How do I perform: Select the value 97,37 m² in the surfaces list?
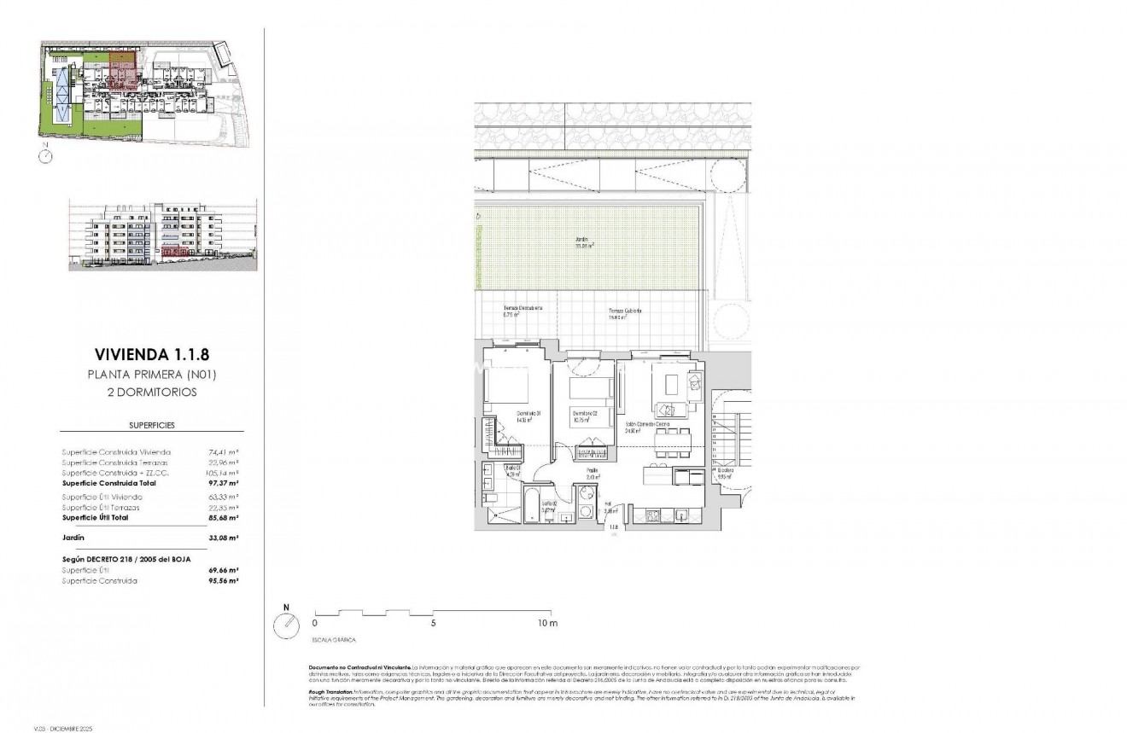[x=224, y=483]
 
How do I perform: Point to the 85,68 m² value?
[x=224, y=518]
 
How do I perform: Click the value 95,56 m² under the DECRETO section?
[x=224, y=580]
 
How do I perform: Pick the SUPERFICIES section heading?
[x=151, y=424]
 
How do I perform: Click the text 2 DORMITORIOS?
[x=150, y=393]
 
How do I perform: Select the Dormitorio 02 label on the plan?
[x=584, y=416]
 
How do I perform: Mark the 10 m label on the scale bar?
[x=546, y=624]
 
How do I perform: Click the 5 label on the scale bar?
[x=434, y=624]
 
